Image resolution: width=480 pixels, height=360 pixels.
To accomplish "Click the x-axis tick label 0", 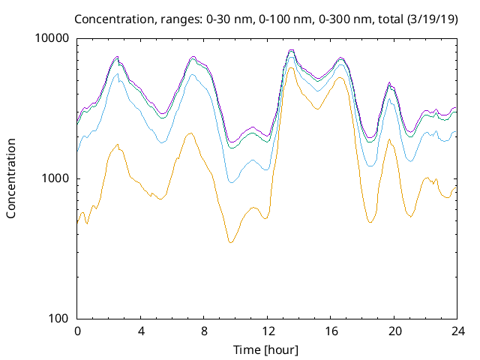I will point(77,331).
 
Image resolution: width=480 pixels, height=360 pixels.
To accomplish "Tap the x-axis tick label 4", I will point(140,331).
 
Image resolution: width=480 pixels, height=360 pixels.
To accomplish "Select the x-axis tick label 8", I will point(204,331).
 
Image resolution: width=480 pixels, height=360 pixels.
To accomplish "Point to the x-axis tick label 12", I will point(267,331).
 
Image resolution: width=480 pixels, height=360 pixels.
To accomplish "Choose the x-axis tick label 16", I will point(331,331).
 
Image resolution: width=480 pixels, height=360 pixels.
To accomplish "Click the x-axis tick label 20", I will point(394,331).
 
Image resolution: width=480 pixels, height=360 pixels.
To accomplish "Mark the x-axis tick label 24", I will point(457,331).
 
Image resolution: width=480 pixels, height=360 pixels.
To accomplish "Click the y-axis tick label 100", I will point(59,318).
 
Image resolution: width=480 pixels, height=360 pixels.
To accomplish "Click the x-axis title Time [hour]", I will point(267,349).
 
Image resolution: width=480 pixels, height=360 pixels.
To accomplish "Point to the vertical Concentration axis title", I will point(11,178).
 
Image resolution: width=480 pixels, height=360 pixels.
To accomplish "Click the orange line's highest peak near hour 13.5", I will point(291,67).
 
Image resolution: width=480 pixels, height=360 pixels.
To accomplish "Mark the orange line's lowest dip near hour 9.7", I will point(231,242).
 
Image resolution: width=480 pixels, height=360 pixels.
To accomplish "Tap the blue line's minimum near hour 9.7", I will point(231,182).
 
